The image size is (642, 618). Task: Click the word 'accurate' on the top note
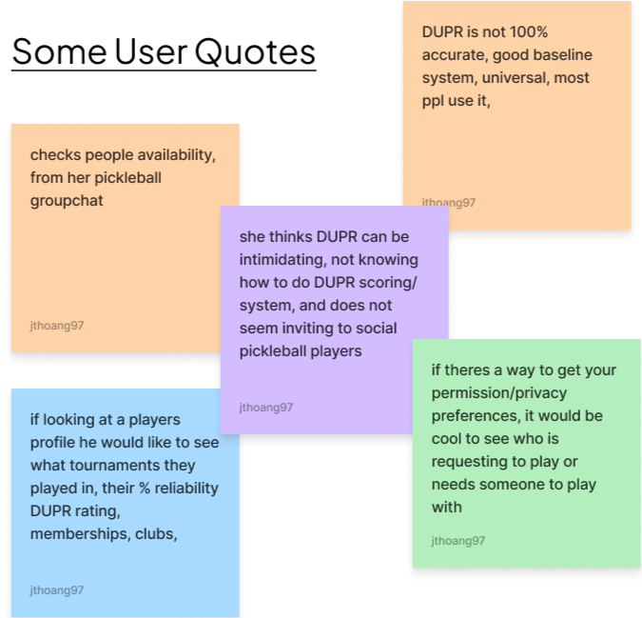[454, 55]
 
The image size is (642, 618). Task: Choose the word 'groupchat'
[67, 201]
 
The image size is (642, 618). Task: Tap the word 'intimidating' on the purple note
[284, 259]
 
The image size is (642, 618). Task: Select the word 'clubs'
[154, 534]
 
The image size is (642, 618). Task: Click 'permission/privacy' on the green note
[503, 393]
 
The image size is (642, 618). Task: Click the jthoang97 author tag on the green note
[458, 541]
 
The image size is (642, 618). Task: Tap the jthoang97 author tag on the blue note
[57, 590]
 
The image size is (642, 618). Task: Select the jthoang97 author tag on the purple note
[266, 408]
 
